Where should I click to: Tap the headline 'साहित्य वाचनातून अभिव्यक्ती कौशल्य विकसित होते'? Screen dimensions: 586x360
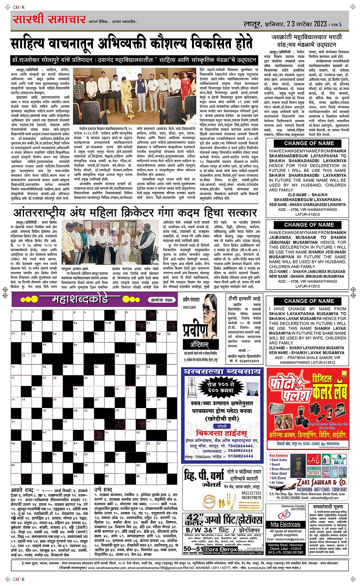point(131,43)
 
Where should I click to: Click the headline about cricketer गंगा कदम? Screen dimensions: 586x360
point(135,212)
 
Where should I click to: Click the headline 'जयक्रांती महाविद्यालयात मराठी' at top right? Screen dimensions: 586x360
point(308,38)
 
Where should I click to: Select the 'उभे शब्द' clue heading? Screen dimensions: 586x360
point(103,490)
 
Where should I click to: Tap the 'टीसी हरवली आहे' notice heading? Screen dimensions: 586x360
point(244,298)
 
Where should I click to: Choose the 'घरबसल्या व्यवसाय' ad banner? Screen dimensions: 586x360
point(222,371)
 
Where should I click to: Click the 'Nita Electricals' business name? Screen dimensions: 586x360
point(285,525)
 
